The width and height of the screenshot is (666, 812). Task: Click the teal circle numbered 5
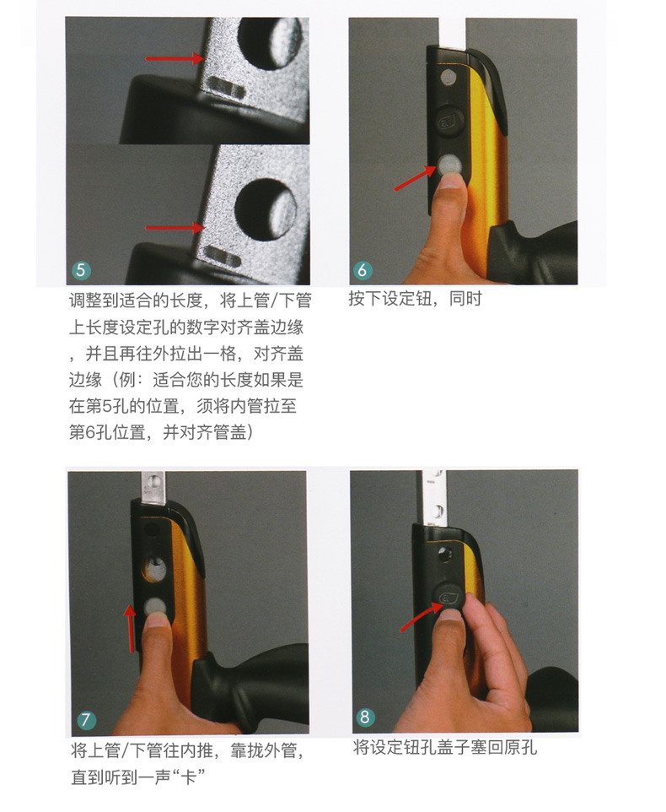(x=81, y=270)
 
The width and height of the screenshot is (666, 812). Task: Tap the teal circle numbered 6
(x=363, y=269)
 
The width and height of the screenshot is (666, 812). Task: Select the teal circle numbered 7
(x=86, y=719)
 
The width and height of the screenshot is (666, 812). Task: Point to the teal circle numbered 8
(x=364, y=717)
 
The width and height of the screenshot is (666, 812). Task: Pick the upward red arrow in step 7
(x=131, y=629)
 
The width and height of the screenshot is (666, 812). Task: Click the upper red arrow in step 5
(x=175, y=58)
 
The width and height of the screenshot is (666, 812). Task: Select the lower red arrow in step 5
(x=175, y=227)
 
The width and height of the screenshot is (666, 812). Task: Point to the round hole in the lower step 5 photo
(x=266, y=208)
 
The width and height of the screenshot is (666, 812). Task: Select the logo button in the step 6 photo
(x=448, y=120)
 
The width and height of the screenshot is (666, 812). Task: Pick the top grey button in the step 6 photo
(x=448, y=78)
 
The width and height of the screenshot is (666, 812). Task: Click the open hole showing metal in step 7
(x=154, y=569)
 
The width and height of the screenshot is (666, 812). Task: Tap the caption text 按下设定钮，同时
(x=416, y=300)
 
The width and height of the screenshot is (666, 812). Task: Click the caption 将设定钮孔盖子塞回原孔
(x=445, y=748)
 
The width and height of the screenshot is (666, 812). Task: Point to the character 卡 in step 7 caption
(x=188, y=777)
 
